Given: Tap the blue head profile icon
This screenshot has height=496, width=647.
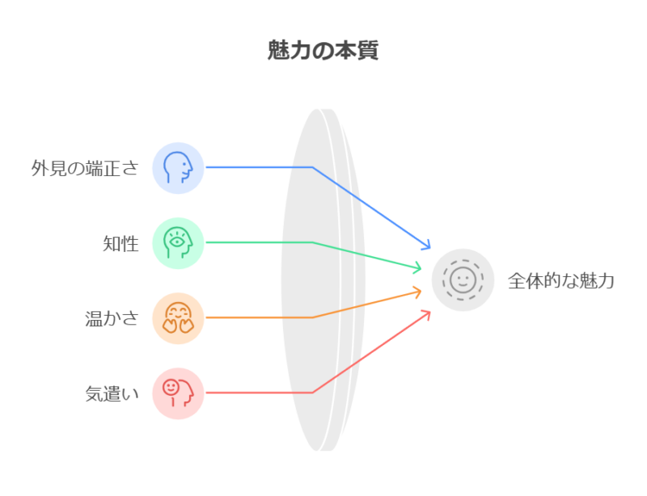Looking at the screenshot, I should pos(178,167).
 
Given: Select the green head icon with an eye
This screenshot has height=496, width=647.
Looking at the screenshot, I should pos(178,242).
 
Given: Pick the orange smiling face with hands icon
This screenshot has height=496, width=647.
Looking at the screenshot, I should pos(178,317).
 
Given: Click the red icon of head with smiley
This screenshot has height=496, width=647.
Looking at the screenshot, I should pos(178,393).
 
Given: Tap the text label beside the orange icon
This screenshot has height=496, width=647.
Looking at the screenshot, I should pos(114,318).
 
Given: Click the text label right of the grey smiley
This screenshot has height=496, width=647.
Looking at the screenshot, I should pos(560,282).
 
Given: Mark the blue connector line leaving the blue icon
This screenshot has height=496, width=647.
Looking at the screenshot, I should pos(247,167).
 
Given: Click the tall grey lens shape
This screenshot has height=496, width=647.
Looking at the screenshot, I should pos(319,279).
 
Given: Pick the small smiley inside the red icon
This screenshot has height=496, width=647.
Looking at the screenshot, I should pos(171,388).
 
